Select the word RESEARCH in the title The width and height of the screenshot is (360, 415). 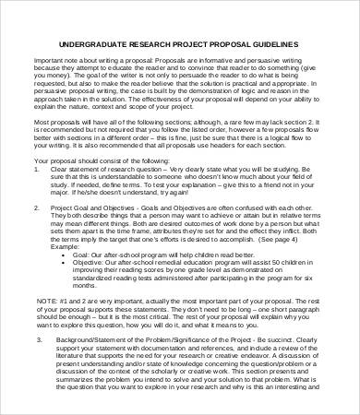pyautogui.click(x=151, y=43)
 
